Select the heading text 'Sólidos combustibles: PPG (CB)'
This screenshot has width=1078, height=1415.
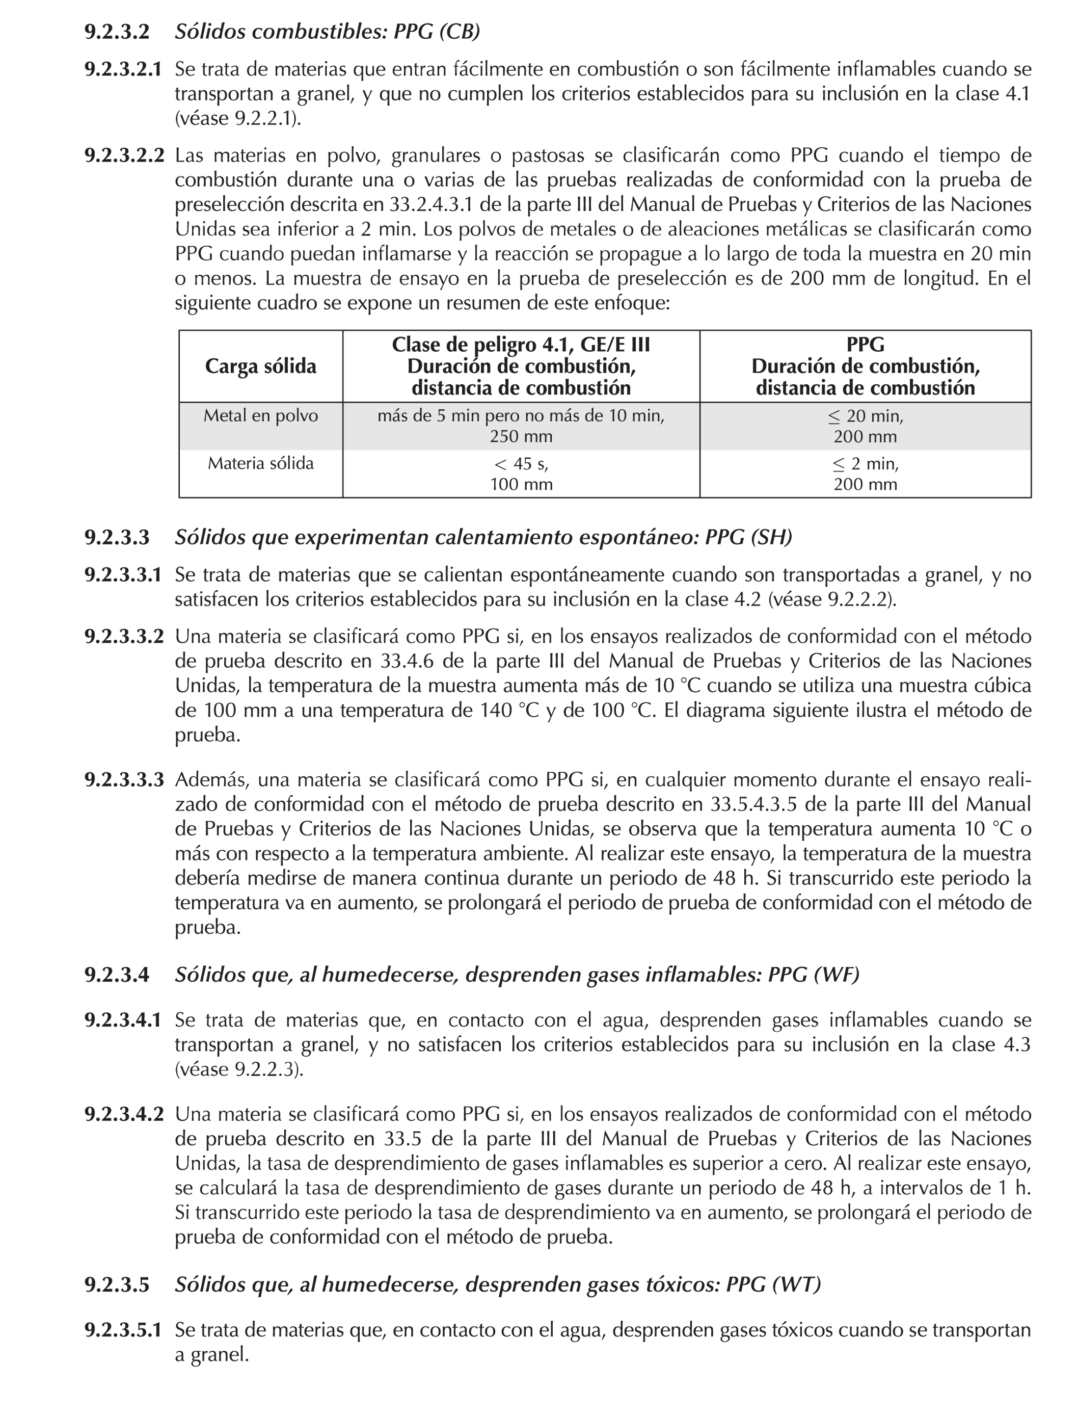(x=327, y=32)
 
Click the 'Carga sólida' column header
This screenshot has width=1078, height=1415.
(x=260, y=366)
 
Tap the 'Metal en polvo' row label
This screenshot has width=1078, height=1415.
(x=260, y=416)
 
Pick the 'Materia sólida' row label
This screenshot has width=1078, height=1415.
(x=260, y=463)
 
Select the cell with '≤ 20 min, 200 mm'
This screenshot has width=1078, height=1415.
(x=865, y=426)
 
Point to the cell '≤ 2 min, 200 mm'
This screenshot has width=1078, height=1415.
(x=865, y=474)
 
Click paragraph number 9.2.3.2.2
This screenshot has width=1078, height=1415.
(x=123, y=155)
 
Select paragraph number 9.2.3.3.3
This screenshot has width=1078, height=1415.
(x=123, y=780)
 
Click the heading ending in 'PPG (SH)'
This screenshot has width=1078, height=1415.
(x=483, y=537)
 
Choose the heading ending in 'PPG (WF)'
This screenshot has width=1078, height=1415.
(x=517, y=975)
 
